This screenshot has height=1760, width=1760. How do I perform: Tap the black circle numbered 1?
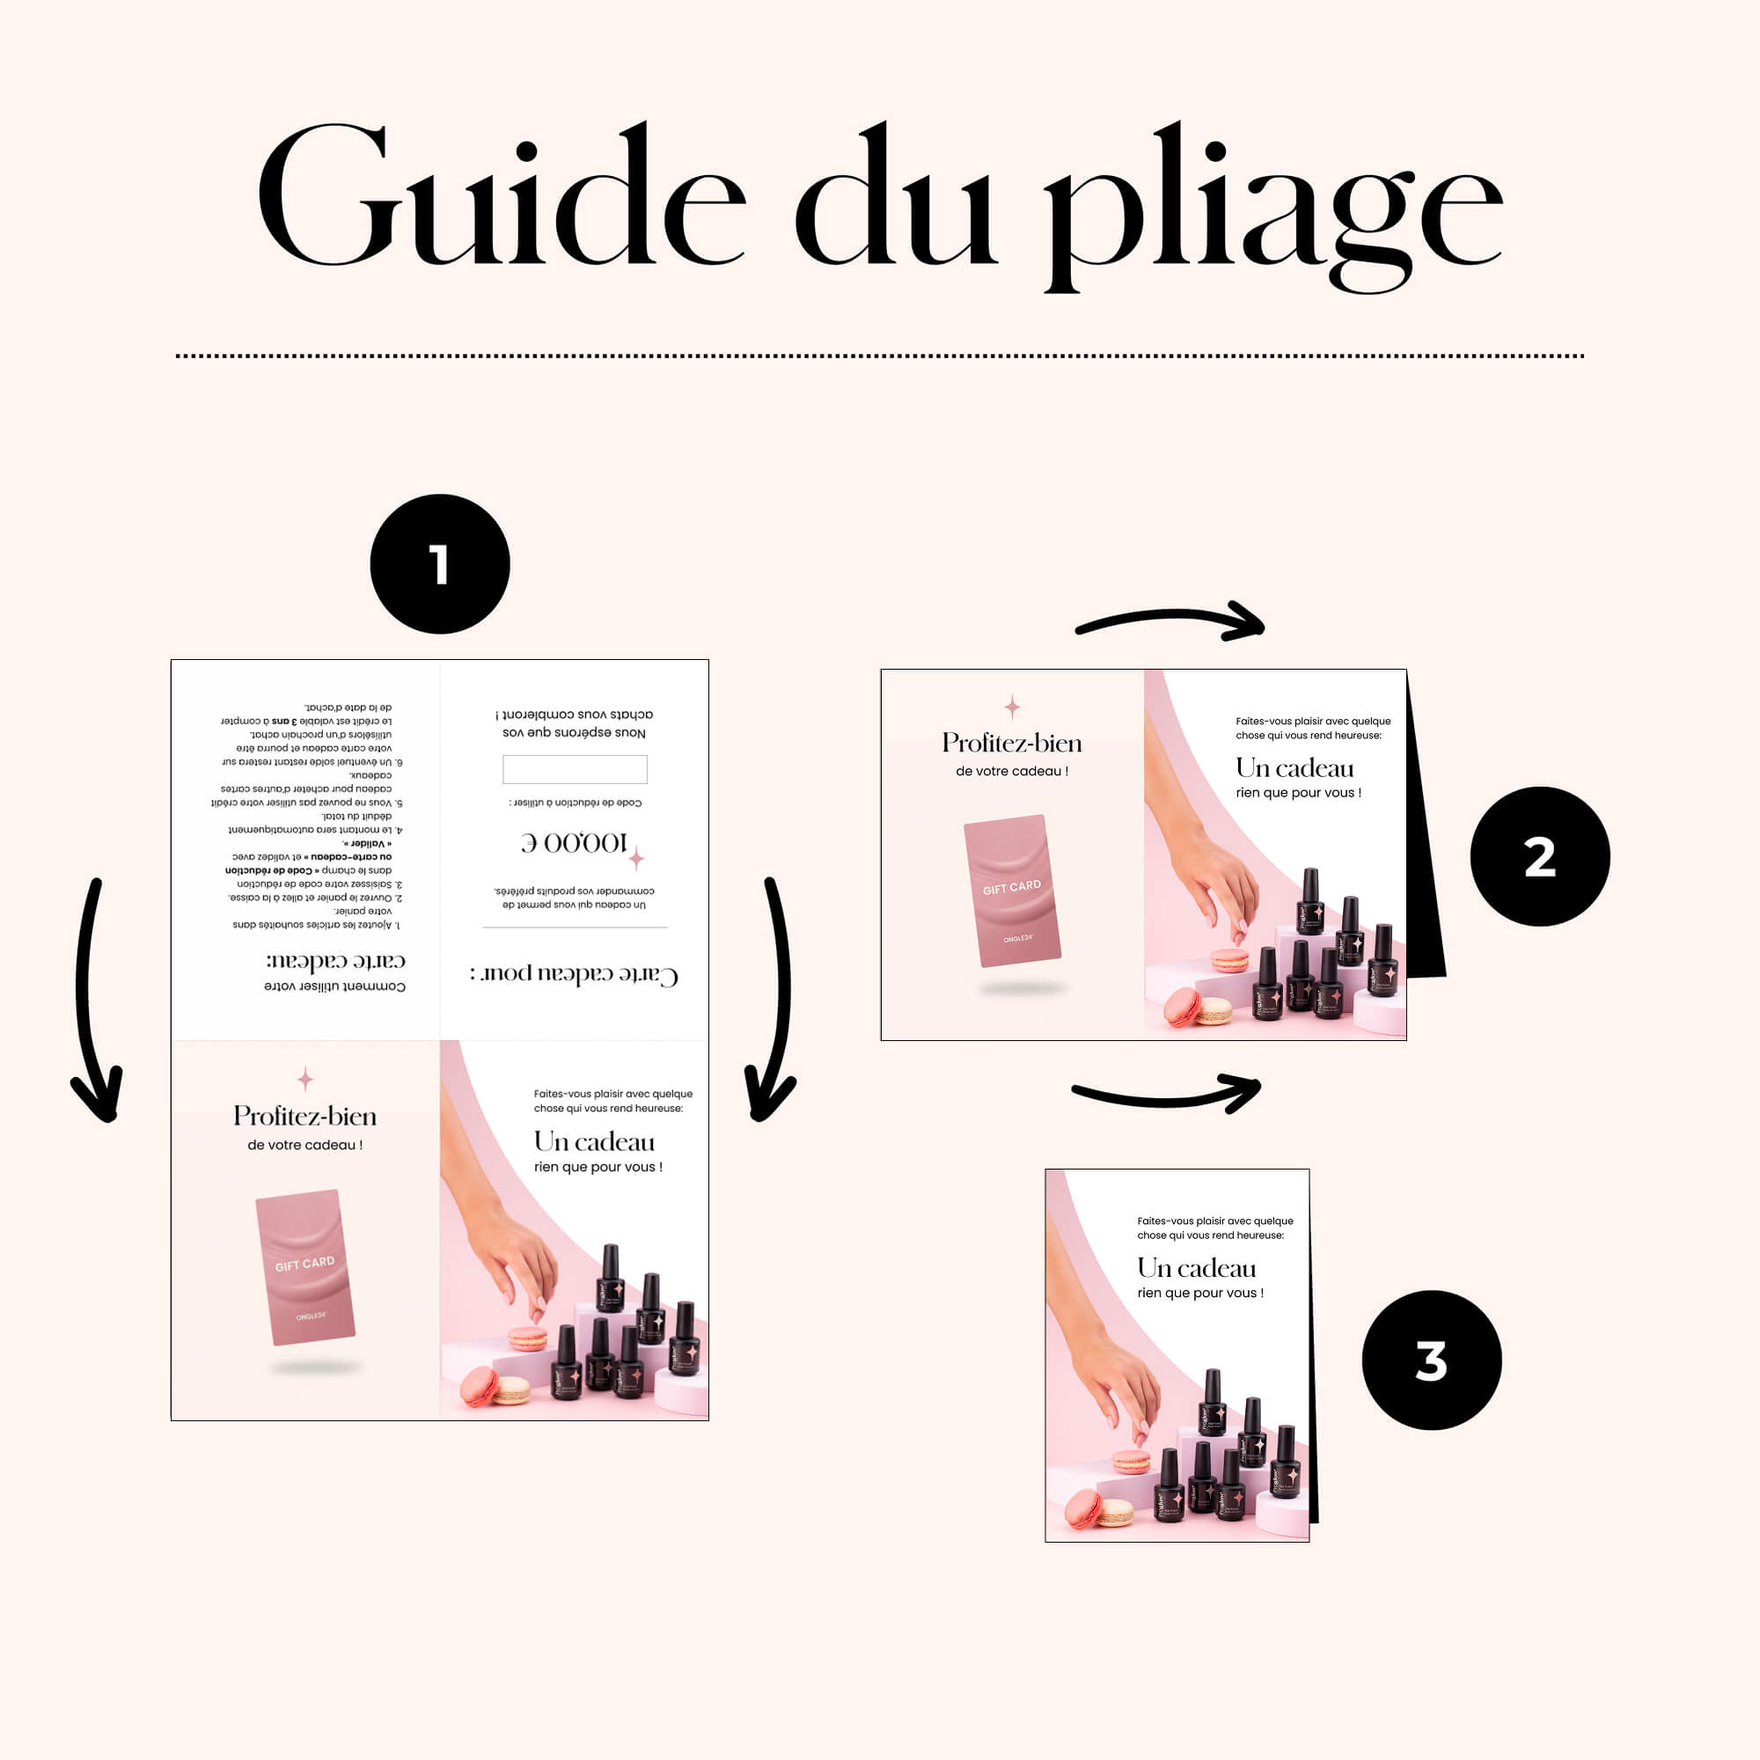(x=440, y=564)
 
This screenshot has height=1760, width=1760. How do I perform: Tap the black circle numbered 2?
(x=1539, y=856)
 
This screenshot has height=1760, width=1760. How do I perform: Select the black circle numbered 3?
(x=1431, y=1360)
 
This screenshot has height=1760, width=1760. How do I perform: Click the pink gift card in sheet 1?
(x=305, y=1267)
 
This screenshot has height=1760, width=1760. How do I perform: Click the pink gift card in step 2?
(x=1012, y=890)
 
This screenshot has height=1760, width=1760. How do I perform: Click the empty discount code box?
(x=575, y=769)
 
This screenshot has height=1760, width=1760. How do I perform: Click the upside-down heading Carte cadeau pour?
(x=574, y=974)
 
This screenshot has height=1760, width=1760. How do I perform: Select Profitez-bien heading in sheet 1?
(x=305, y=1116)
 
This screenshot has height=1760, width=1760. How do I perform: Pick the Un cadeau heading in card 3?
(x=1196, y=1268)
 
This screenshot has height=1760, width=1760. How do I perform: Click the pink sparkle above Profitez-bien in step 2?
(x=1012, y=706)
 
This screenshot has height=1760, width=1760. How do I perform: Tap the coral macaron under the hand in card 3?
(x=1131, y=1462)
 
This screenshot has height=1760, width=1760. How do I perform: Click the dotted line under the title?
(x=880, y=356)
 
